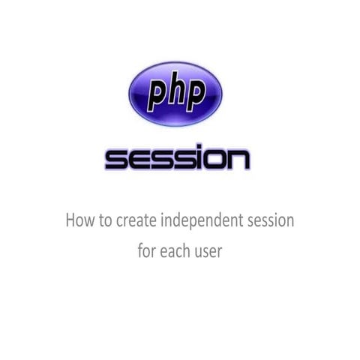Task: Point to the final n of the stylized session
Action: [x=236, y=160]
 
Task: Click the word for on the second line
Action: [x=147, y=250]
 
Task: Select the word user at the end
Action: [x=209, y=251]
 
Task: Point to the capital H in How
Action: [x=71, y=221]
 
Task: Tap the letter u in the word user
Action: [x=199, y=252]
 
